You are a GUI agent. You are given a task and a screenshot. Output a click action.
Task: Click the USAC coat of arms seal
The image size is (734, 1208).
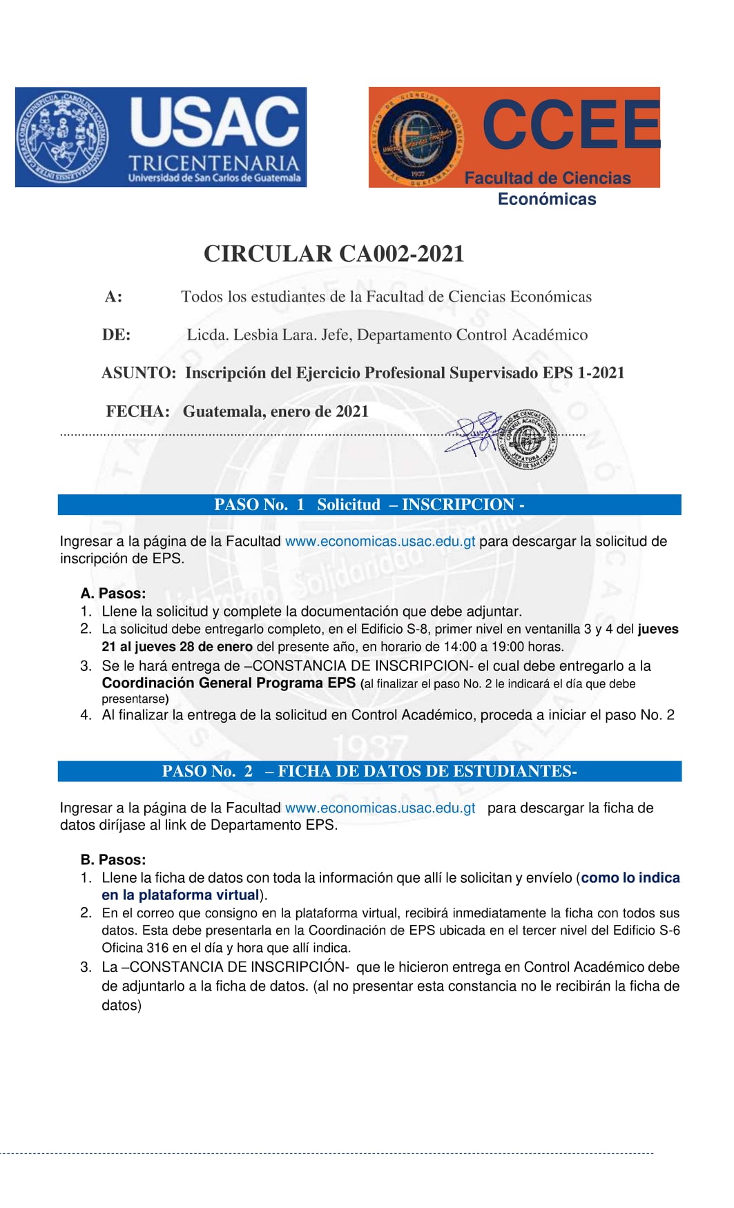(x=62, y=137)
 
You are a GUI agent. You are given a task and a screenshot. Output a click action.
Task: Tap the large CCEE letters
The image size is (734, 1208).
(x=571, y=125)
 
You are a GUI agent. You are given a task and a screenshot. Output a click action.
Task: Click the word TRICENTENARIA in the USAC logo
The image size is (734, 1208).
(x=214, y=164)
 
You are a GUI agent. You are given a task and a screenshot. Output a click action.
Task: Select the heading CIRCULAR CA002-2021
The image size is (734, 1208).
(x=334, y=253)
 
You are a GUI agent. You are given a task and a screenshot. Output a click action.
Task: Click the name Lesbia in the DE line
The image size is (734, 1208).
(x=258, y=335)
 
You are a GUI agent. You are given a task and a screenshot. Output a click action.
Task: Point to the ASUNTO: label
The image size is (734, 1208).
(x=139, y=373)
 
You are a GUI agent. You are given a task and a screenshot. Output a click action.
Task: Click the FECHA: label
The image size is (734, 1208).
(x=137, y=411)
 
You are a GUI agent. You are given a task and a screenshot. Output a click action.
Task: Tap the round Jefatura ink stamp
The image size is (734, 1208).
(x=527, y=438)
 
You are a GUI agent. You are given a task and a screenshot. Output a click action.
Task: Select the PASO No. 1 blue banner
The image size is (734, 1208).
(x=369, y=505)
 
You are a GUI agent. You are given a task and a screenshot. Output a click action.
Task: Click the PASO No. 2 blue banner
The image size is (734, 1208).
(x=369, y=771)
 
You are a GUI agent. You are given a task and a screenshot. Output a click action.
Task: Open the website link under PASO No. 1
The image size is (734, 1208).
(x=380, y=541)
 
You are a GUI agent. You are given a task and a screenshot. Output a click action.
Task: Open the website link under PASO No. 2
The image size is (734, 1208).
(x=380, y=808)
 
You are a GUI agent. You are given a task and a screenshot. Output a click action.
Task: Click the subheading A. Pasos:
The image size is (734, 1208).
(x=113, y=593)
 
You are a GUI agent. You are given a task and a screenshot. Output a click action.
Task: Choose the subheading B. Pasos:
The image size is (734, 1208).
(x=113, y=859)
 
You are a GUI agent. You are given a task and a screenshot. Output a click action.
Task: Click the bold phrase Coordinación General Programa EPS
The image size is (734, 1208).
(x=229, y=683)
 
